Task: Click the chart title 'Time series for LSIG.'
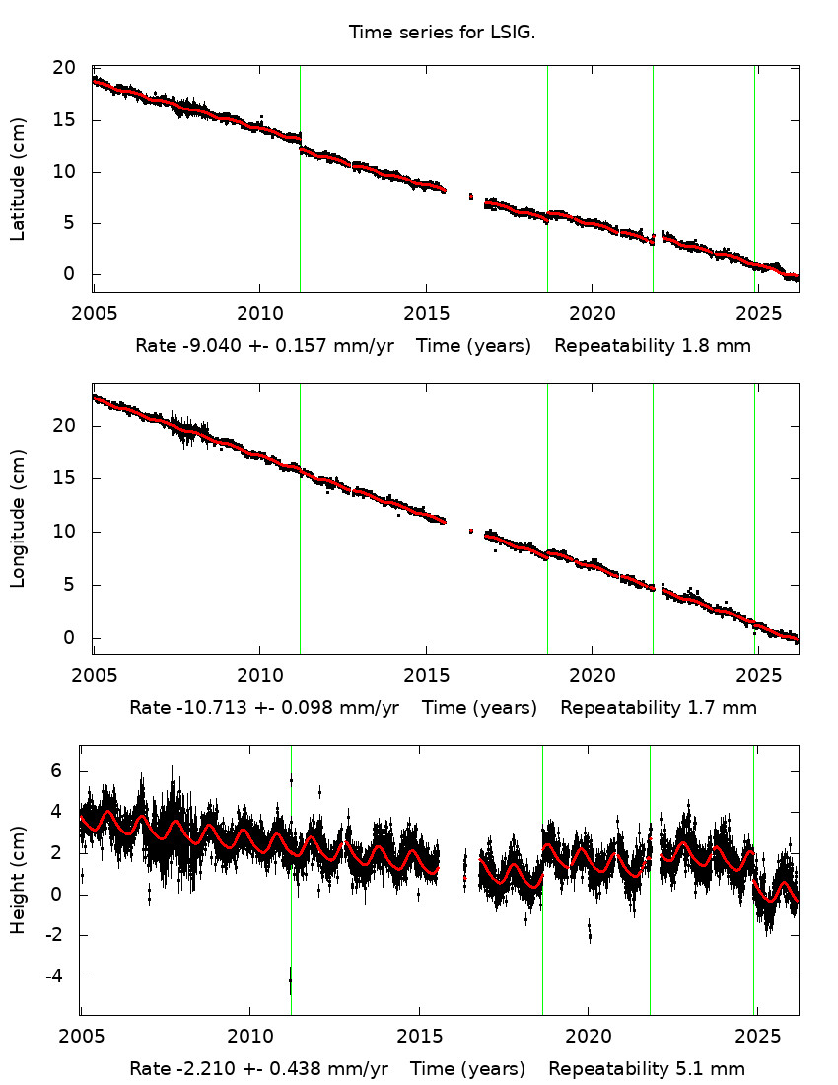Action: [442, 33]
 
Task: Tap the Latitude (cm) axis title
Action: [18, 179]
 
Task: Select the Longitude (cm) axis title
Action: [18, 519]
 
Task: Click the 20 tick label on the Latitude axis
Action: [64, 68]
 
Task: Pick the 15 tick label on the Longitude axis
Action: [64, 478]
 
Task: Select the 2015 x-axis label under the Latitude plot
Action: [425, 314]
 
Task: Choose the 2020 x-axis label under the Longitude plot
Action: [592, 676]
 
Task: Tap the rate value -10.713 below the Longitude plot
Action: [202, 708]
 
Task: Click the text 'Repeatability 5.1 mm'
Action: [647, 1069]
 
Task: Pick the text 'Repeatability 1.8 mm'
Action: [653, 346]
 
